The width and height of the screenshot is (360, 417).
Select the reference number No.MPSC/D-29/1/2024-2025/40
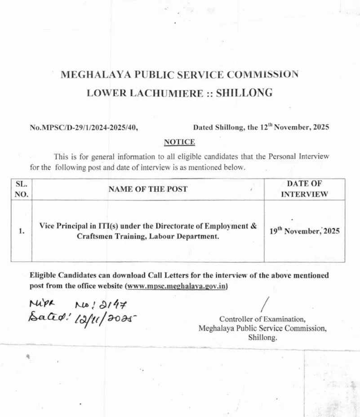(84, 128)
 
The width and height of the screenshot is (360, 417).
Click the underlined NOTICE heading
(179, 142)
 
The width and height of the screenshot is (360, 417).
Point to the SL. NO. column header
(22, 189)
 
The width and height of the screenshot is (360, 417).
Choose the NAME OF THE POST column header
(148, 189)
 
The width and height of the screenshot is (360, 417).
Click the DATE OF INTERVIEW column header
(304, 189)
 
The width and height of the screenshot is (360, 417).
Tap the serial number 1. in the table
(22, 231)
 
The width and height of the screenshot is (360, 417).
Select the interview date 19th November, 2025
(304, 231)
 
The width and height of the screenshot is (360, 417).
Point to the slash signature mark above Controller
(266, 304)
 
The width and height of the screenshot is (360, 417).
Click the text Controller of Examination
(262, 319)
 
